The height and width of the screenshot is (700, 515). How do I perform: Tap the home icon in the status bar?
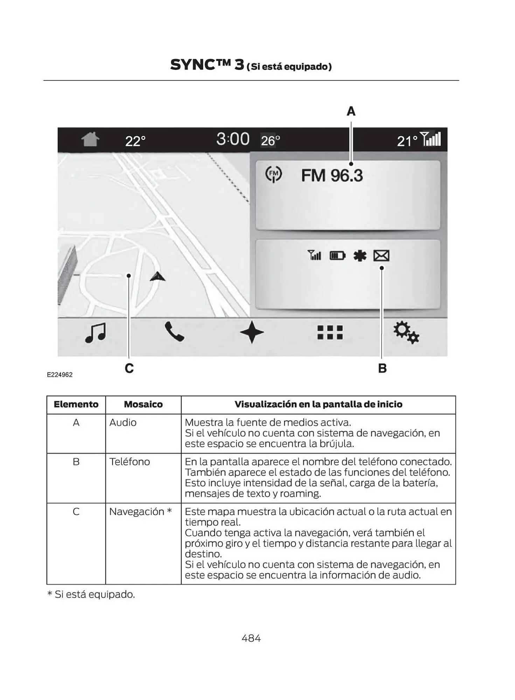(x=90, y=139)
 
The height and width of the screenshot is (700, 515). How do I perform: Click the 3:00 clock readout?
(x=232, y=139)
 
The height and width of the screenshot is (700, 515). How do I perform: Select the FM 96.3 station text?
(x=332, y=175)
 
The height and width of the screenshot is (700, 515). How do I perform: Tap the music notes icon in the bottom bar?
(x=96, y=332)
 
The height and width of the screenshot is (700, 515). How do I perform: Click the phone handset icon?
(x=174, y=332)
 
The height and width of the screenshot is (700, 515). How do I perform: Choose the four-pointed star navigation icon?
(x=252, y=332)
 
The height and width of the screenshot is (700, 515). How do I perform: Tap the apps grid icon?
(x=330, y=332)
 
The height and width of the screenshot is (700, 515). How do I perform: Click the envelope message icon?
(x=381, y=256)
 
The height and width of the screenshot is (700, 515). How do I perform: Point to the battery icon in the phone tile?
(x=337, y=256)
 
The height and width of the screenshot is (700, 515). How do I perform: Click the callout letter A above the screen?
(x=351, y=111)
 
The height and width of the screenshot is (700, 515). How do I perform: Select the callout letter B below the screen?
(x=382, y=368)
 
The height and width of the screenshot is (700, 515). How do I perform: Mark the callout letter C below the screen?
(x=129, y=368)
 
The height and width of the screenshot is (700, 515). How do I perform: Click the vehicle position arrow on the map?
(x=158, y=276)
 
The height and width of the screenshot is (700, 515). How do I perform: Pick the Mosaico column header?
(x=143, y=405)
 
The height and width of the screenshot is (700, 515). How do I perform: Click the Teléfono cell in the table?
(x=130, y=462)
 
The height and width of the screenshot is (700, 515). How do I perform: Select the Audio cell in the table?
(x=123, y=423)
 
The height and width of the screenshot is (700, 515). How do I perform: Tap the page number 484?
(x=251, y=638)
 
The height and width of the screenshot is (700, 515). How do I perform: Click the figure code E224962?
(x=60, y=375)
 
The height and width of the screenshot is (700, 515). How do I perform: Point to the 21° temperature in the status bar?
(x=407, y=141)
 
